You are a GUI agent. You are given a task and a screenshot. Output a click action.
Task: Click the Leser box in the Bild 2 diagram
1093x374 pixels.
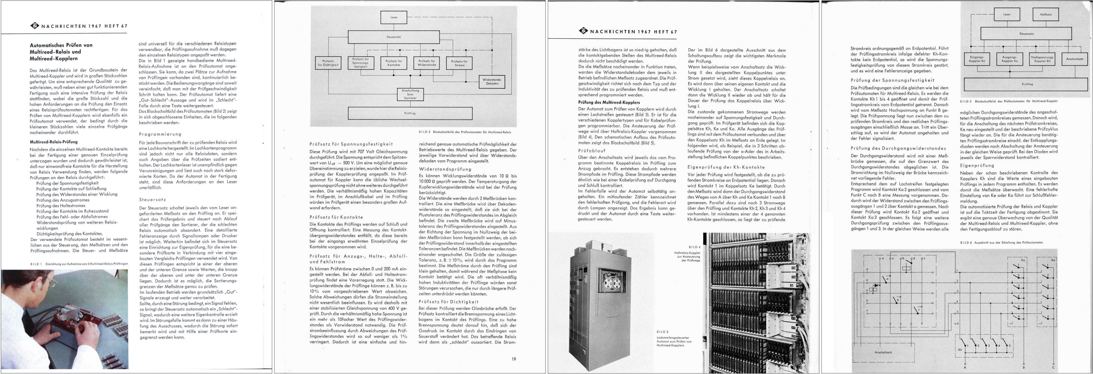click(394, 17)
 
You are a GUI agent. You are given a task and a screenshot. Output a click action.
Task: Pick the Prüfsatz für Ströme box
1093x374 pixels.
click(460, 63)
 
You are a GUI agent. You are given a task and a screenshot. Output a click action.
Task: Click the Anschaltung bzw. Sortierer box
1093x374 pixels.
click(410, 94)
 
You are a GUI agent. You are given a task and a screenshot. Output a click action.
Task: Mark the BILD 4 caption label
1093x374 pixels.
click(694, 247)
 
